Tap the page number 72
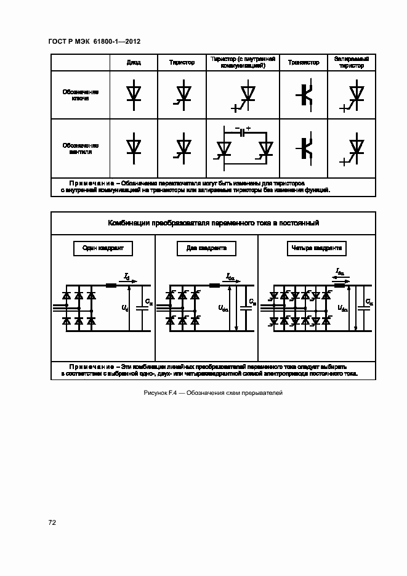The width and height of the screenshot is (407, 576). tap(52, 522)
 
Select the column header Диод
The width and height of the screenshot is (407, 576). tap(133, 63)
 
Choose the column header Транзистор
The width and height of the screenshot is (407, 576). tap(304, 63)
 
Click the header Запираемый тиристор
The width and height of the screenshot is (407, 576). tap(351, 62)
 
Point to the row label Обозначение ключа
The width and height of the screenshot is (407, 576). tap(80, 95)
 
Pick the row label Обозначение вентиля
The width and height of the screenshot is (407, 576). tap(80, 148)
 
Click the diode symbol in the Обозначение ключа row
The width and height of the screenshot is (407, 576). tap(133, 94)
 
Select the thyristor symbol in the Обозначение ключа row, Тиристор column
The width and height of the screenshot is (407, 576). tap(182, 95)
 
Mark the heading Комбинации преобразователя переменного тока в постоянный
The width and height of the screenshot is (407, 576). tap(213, 222)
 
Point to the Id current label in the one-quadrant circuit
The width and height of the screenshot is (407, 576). tap(127, 277)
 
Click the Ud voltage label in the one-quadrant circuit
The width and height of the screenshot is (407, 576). tap(124, 307)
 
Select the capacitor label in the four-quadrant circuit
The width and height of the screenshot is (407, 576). tap(368, 302)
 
